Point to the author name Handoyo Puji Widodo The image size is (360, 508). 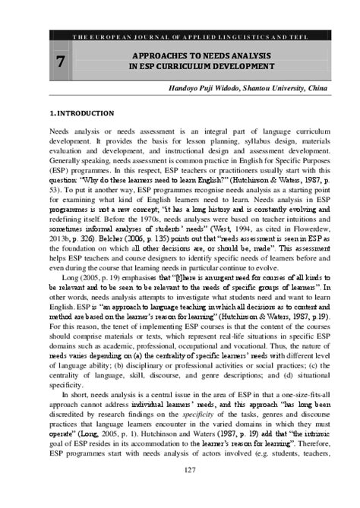[x=210, y=90]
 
